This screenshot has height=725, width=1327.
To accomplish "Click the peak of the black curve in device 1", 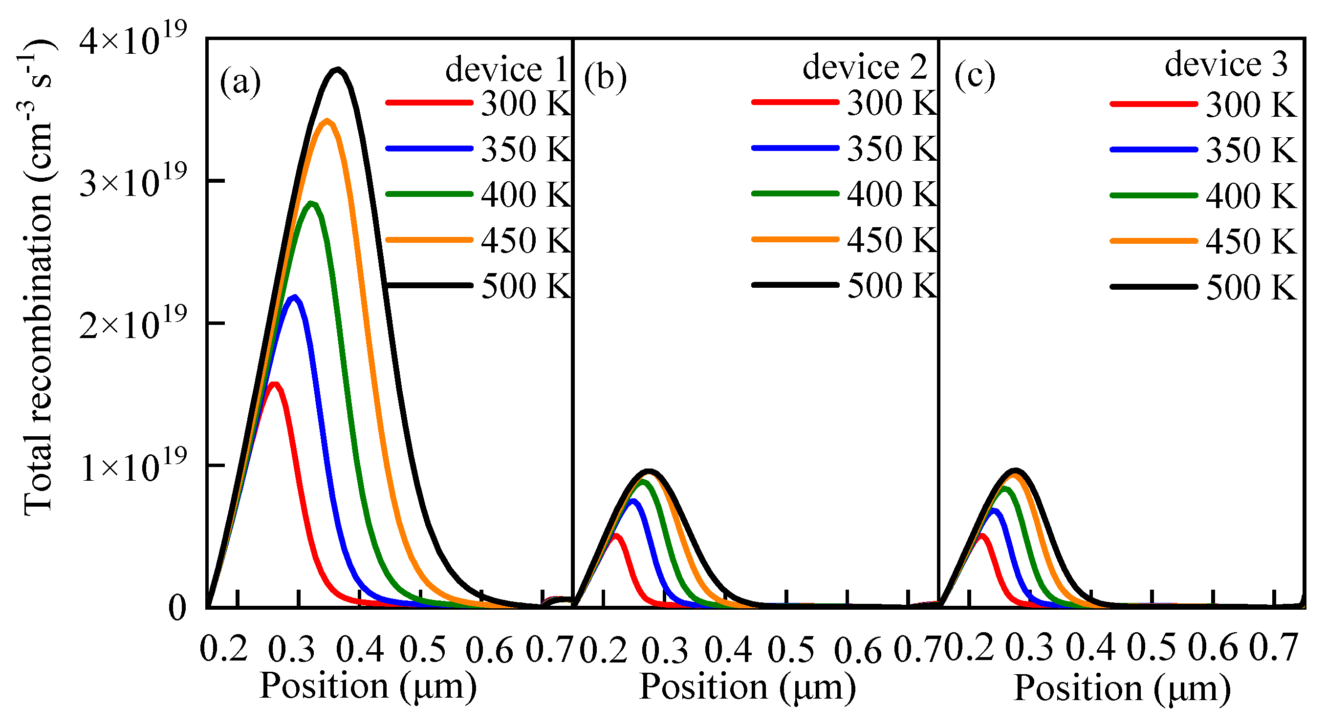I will click(x=337, y=70).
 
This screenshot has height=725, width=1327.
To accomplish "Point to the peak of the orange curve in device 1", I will click(x=326, y=122).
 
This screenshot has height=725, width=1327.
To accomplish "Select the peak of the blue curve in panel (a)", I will click(x=294, y=298).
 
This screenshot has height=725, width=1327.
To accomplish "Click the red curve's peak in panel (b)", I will click(x=615, y=536).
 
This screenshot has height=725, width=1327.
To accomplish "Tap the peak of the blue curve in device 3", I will click(x=994, y=511).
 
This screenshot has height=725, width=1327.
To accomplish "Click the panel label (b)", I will click(x=605, y=79).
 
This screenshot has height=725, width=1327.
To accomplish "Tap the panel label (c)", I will click(x=975, y=77).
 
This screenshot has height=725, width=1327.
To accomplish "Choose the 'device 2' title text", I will click(x=865, y=67).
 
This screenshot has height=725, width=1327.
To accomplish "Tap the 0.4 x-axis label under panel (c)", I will click(x=1090, y=648).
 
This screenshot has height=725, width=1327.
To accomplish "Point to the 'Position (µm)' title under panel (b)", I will click(x=747, y=687).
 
